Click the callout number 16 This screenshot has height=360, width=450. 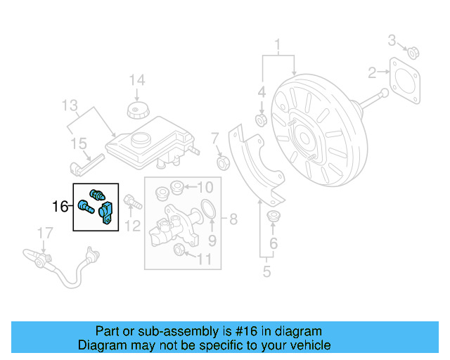tap(60, 207)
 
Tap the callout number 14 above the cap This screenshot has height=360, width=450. tap(136, 80)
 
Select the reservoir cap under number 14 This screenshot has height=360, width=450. tap(136, 111)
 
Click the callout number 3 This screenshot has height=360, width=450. tap(392, 39)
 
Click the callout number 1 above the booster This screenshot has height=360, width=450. tap(278, 46)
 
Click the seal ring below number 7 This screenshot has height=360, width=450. tap(224, 164)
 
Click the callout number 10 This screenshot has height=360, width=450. tap(205, 187)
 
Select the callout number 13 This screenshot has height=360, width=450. tap(69, 106)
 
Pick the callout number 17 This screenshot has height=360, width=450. tap(45, 232)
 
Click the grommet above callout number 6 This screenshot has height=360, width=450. tap(274, 216)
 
